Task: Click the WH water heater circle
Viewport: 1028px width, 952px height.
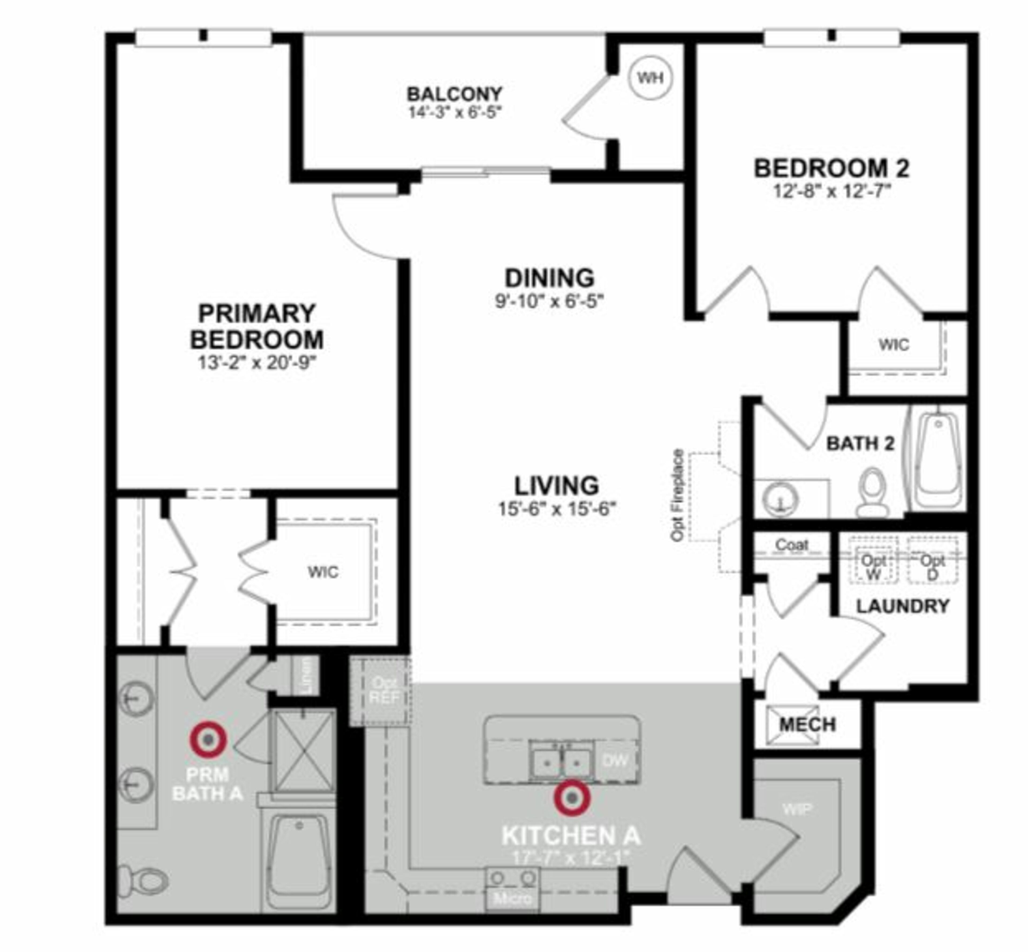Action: pos(651,78)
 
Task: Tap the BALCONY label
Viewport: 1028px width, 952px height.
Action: pos(454,94)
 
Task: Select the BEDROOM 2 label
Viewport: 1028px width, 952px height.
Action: pos(831,168)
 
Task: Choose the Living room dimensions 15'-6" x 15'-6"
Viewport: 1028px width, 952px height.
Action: pos(557,509)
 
